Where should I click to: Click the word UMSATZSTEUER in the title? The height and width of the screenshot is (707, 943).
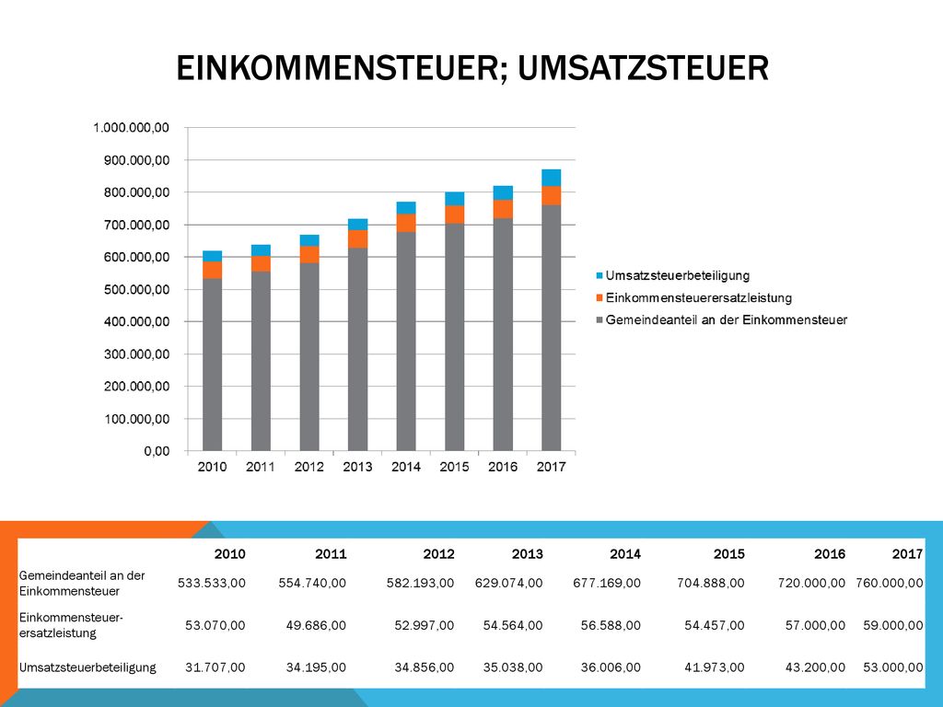coord(643,68)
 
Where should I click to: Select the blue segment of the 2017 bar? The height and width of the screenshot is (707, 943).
coord(551,178)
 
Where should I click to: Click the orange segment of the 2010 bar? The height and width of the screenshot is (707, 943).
coord(213,270)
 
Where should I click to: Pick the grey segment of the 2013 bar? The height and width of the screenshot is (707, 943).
coord(358,349)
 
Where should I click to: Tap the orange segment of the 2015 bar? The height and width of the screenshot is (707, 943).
coord(455,214)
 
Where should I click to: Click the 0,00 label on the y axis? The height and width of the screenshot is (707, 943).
coord(157,451)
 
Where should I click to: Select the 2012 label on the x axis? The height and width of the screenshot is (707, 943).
coord(309,467)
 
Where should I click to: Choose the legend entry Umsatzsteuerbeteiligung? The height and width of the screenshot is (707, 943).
coord(678,275)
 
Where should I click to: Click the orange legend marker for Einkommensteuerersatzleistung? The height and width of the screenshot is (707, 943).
coord(599,297)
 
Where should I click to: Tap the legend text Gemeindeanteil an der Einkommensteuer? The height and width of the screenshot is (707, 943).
coord(727,319)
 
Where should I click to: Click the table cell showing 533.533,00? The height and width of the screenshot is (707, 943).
coord(212,583)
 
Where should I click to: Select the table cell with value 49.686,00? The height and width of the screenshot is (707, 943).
coord(317,625)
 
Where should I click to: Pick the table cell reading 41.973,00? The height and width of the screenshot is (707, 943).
coord(715,667)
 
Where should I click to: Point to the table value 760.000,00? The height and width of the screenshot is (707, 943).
coord(890,583)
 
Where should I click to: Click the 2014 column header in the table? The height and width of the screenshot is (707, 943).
coord(625,553)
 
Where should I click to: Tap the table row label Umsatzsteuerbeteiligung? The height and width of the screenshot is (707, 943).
coord(87,667)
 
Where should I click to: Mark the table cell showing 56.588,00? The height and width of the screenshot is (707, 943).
coord(611,625)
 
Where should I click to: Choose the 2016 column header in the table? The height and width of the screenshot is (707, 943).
coord(830,553)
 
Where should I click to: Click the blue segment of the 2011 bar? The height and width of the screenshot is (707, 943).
coord(261,250)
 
